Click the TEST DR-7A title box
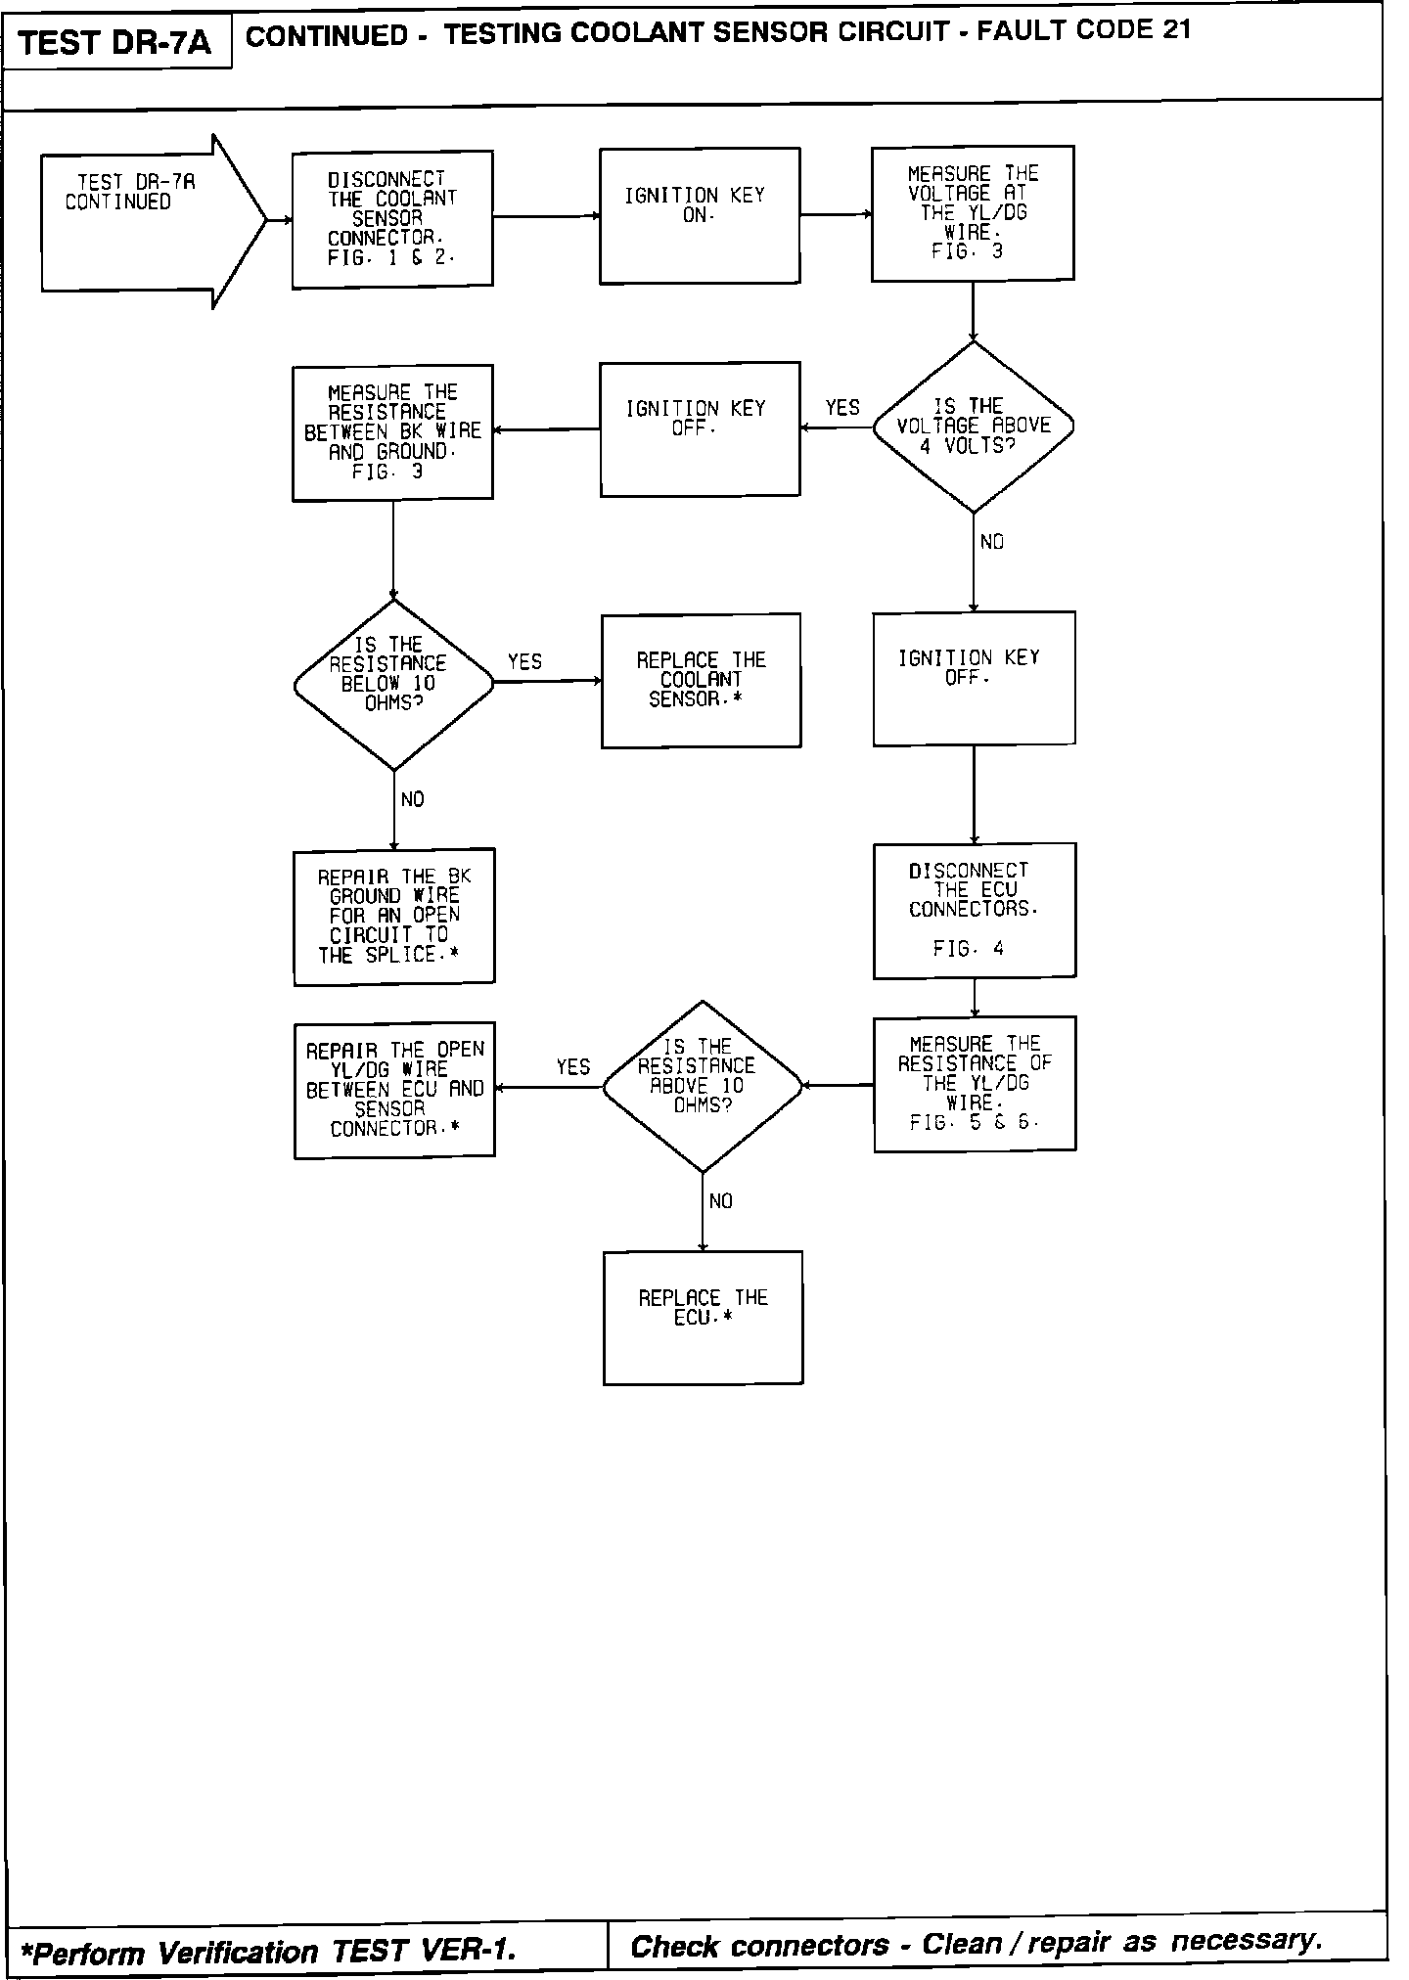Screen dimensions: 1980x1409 click(115, 43)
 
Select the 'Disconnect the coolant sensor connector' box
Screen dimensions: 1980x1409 click(392, 219)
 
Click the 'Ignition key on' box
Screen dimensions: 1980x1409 click(699, 216)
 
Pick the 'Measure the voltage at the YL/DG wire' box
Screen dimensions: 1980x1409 click(973, 213)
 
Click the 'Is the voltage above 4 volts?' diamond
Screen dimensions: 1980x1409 click(974, 427)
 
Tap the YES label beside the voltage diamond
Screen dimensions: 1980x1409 click(842, 408)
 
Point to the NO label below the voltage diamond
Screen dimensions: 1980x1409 click(992, 542)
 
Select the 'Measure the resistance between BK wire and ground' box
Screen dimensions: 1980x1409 click(392, 432)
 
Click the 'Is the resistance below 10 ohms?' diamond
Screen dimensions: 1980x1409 click(393, 685)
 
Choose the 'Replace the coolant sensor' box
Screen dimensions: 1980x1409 click(701, 681)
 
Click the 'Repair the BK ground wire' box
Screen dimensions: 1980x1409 click(394, 916)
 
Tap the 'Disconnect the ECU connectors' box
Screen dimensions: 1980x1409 click(975, 910)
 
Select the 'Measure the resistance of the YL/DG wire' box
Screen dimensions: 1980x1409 click(975, 1084)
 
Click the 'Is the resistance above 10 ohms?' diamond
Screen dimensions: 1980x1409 click(702, 1086)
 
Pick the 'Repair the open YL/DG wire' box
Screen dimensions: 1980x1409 click(394, 1090)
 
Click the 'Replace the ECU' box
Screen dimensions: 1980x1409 click(703, 1317)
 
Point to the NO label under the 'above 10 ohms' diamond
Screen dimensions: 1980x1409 click(721, 1201)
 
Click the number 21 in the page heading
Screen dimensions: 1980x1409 click(1176, 29)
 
